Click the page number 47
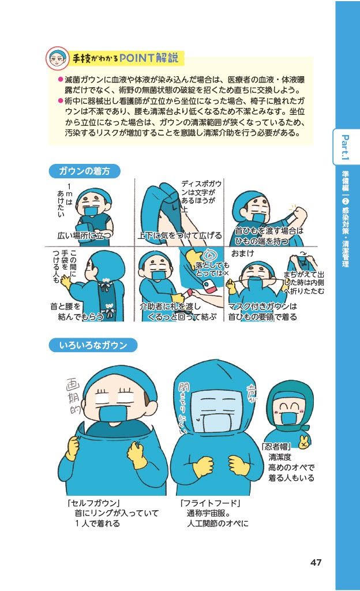[x=316, y=562]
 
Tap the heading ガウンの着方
[x=84, y=171]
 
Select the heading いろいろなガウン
[x=93, y=345]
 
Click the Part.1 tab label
[x=346, y=147]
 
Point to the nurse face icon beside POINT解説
[x=58, y=58]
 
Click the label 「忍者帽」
[x=276, y=447]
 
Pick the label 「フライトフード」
[x=211, y=503]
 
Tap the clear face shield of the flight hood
[x=215, y=411]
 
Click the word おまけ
[x=242, y=253]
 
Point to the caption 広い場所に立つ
[x=84, y=235]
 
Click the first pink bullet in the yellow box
[x=60, y=80]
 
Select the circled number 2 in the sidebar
[x=346, y=201]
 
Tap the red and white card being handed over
[x=209, y=291]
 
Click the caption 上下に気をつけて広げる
[x=179, y=235]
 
